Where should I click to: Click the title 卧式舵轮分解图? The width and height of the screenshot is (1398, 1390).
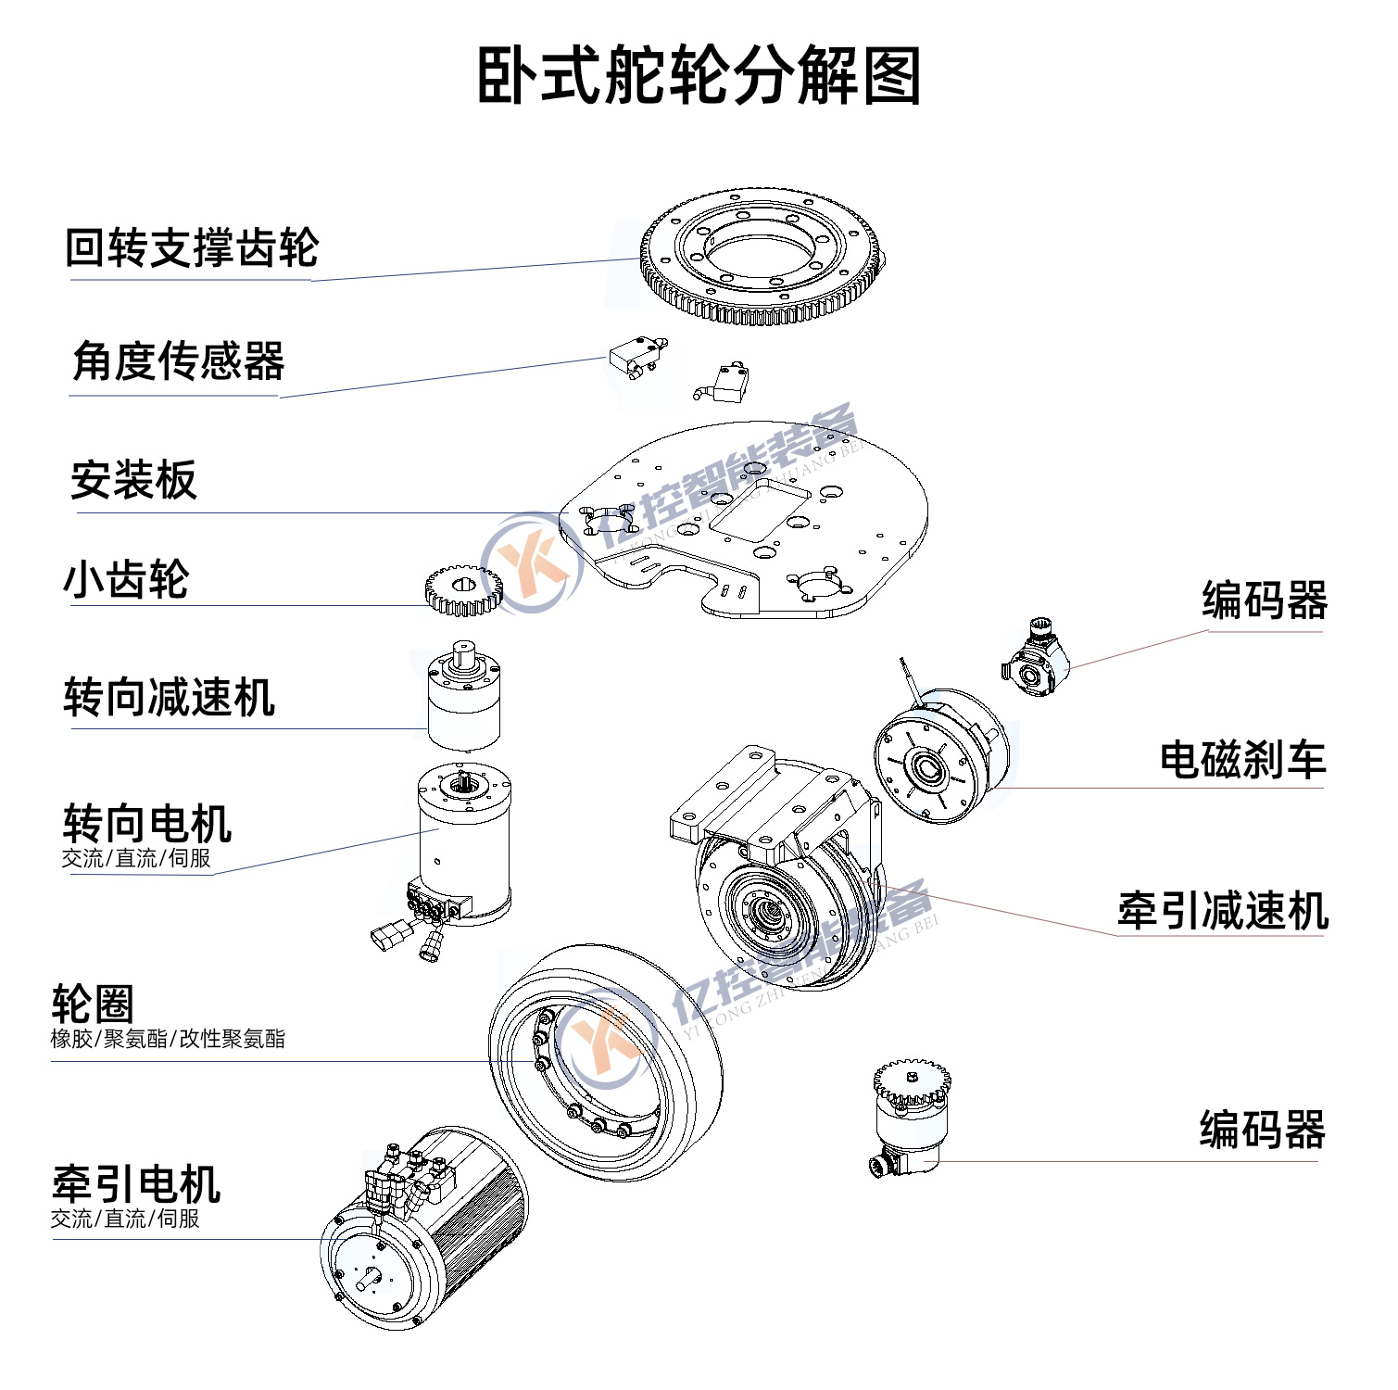click(699, 76)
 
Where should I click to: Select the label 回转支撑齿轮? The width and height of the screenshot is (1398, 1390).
click(192, 248)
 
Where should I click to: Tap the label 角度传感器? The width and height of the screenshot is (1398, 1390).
click(178, 361)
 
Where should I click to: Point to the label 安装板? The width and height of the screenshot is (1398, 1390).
click(134, 480)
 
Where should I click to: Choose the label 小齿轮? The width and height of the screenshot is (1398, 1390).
click(126, 580)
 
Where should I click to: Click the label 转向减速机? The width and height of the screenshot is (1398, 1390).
click(169, 698)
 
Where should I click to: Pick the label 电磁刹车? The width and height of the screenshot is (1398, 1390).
click(1242, 760)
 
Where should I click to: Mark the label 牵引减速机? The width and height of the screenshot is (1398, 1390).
click(1222, 911)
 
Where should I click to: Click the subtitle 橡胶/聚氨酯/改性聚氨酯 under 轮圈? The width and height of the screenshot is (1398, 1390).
click(168, 1039)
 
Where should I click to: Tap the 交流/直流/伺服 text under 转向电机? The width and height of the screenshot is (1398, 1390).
click(136, 859)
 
